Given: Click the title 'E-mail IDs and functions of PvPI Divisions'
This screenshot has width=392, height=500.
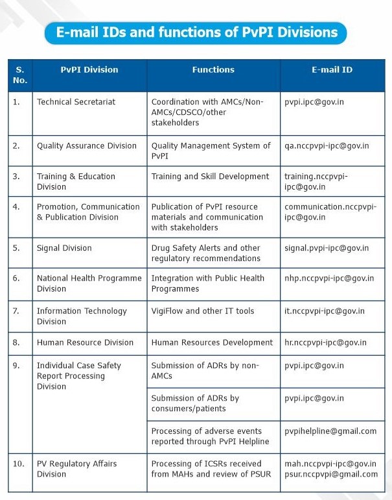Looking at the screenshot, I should coord(196,32).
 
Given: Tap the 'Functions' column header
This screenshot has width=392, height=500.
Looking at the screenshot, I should coord(213,69).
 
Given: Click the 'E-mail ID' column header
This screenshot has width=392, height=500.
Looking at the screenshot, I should coord(332,69).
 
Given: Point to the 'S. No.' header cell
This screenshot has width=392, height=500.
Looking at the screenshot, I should coord(19,75).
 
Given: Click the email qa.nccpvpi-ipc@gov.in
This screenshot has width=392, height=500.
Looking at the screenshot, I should coord(327,145).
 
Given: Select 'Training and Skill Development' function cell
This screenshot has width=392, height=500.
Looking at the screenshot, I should coord(210,176).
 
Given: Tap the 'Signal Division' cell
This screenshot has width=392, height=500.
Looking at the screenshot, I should coord(64,248).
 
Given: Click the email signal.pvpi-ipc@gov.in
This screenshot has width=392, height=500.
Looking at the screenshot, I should coord(327,248).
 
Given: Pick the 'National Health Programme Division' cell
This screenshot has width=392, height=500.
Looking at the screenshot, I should coord(89,283).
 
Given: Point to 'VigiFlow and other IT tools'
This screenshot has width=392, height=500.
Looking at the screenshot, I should coord(203,311).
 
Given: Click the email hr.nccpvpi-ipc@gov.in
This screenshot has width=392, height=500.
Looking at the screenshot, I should coord(325,342).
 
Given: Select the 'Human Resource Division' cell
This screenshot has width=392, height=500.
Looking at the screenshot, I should coord(85,342).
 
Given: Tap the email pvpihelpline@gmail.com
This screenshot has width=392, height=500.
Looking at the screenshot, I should coord(330,431).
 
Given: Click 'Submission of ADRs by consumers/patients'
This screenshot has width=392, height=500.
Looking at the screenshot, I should coord(195,403).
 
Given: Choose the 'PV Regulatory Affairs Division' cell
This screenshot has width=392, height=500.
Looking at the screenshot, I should coord(78,469).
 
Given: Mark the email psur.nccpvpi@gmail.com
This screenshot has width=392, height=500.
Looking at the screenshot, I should coord(331,474).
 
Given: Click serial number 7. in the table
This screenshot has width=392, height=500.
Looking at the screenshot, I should coord(17,311).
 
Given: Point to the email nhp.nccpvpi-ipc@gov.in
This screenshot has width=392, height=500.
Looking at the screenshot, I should coord(329,278).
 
